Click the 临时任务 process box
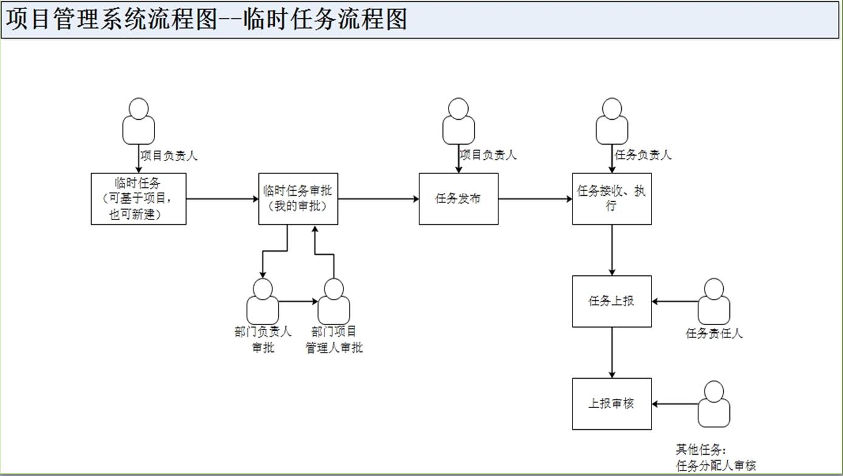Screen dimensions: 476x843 point(139,199)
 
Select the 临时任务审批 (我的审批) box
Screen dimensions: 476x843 point(298,199)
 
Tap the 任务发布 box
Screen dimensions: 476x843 point(458,199)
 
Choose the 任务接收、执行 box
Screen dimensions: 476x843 point(611,199)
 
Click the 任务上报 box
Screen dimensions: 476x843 point(611,301)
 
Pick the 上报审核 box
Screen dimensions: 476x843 point(611,404)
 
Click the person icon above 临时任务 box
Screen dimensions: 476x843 point(139,120)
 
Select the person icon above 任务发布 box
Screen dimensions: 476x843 point(458,120)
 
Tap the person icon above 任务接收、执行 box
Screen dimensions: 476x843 point(611,120)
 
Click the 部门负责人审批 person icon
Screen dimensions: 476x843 point(263,301)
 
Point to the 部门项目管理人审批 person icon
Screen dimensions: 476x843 point(334,301)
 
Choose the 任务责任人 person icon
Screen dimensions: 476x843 point(714,301)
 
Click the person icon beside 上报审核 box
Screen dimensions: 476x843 point(714,404)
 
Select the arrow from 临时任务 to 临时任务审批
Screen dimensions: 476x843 point(222,199)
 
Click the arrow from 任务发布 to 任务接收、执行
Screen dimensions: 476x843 point(535,199)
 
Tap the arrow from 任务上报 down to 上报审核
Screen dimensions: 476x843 point(611,353)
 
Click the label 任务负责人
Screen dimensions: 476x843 point(643,155)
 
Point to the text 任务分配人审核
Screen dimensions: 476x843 point(716,466)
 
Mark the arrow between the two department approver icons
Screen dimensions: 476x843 point(298,301)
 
